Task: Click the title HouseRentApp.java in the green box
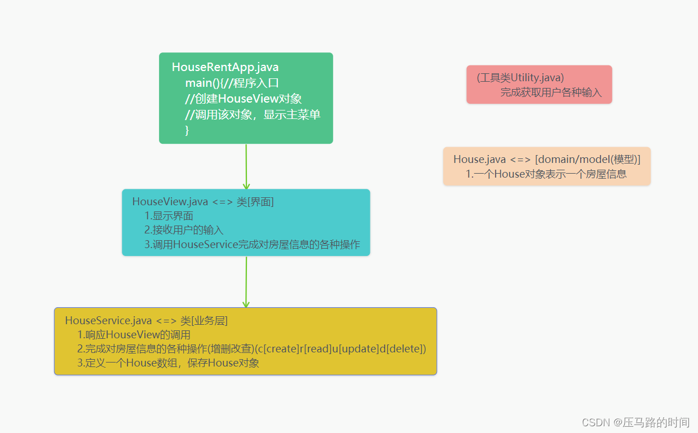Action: [225, 67]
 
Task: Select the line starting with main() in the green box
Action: [232, 83]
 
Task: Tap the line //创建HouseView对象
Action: [243, 99]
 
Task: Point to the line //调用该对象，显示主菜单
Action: [253, 114]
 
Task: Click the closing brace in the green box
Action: [187, 130]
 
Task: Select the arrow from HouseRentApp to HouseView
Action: [246, 166]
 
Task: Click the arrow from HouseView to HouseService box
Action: [246, 281]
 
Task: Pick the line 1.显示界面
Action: [169, 216]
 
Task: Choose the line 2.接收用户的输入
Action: [184, 230]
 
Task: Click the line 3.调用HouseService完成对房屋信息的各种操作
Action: [252, 245]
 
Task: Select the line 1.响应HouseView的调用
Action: [134, 335]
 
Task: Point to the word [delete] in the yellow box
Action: [405, 349]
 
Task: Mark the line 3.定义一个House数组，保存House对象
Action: [168, 363]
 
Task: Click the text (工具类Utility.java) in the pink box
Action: [520, 78]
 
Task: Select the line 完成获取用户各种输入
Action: [551, 92]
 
